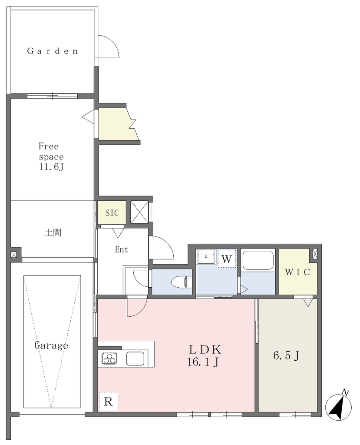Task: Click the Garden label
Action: [53, 51]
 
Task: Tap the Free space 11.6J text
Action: [51, 156]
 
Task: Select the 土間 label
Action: [53, 233]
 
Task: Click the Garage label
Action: [51, 345]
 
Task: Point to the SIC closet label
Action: [112, 213]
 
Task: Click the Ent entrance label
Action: [122, 249]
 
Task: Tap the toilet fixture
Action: [180, 282]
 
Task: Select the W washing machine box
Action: [227, 259]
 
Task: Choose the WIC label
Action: [297, 272]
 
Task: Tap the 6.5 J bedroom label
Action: [286, 355]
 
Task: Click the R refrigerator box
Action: [108, 402]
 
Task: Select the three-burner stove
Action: [109, 358]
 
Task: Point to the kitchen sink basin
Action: [135, 358]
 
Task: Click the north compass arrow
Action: [338, 406]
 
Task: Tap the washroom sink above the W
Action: [206, 257]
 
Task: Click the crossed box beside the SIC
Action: [139, 212]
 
